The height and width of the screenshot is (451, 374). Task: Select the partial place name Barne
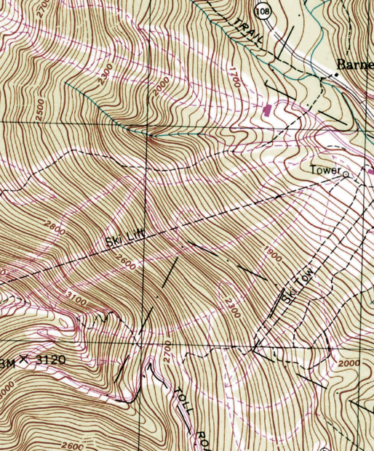pos(355,65)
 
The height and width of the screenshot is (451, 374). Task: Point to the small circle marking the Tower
pos(346,174)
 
